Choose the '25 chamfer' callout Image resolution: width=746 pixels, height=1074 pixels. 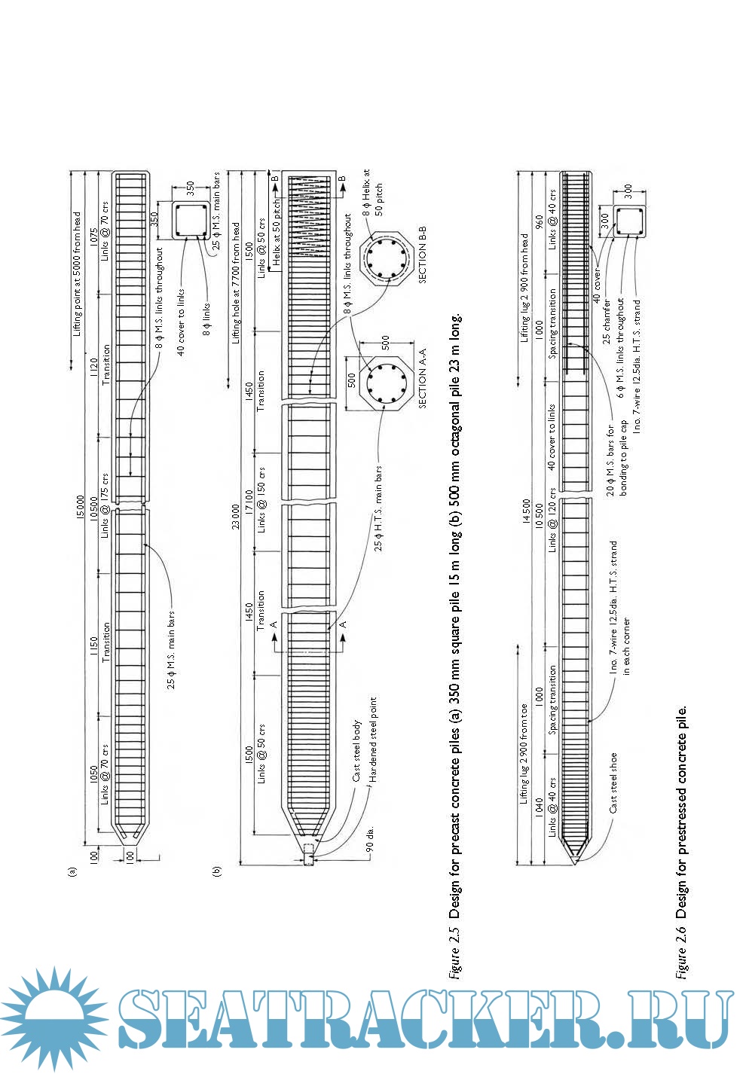(x=607, y=321)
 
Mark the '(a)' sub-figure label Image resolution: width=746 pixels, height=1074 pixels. (x=72, y=872)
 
